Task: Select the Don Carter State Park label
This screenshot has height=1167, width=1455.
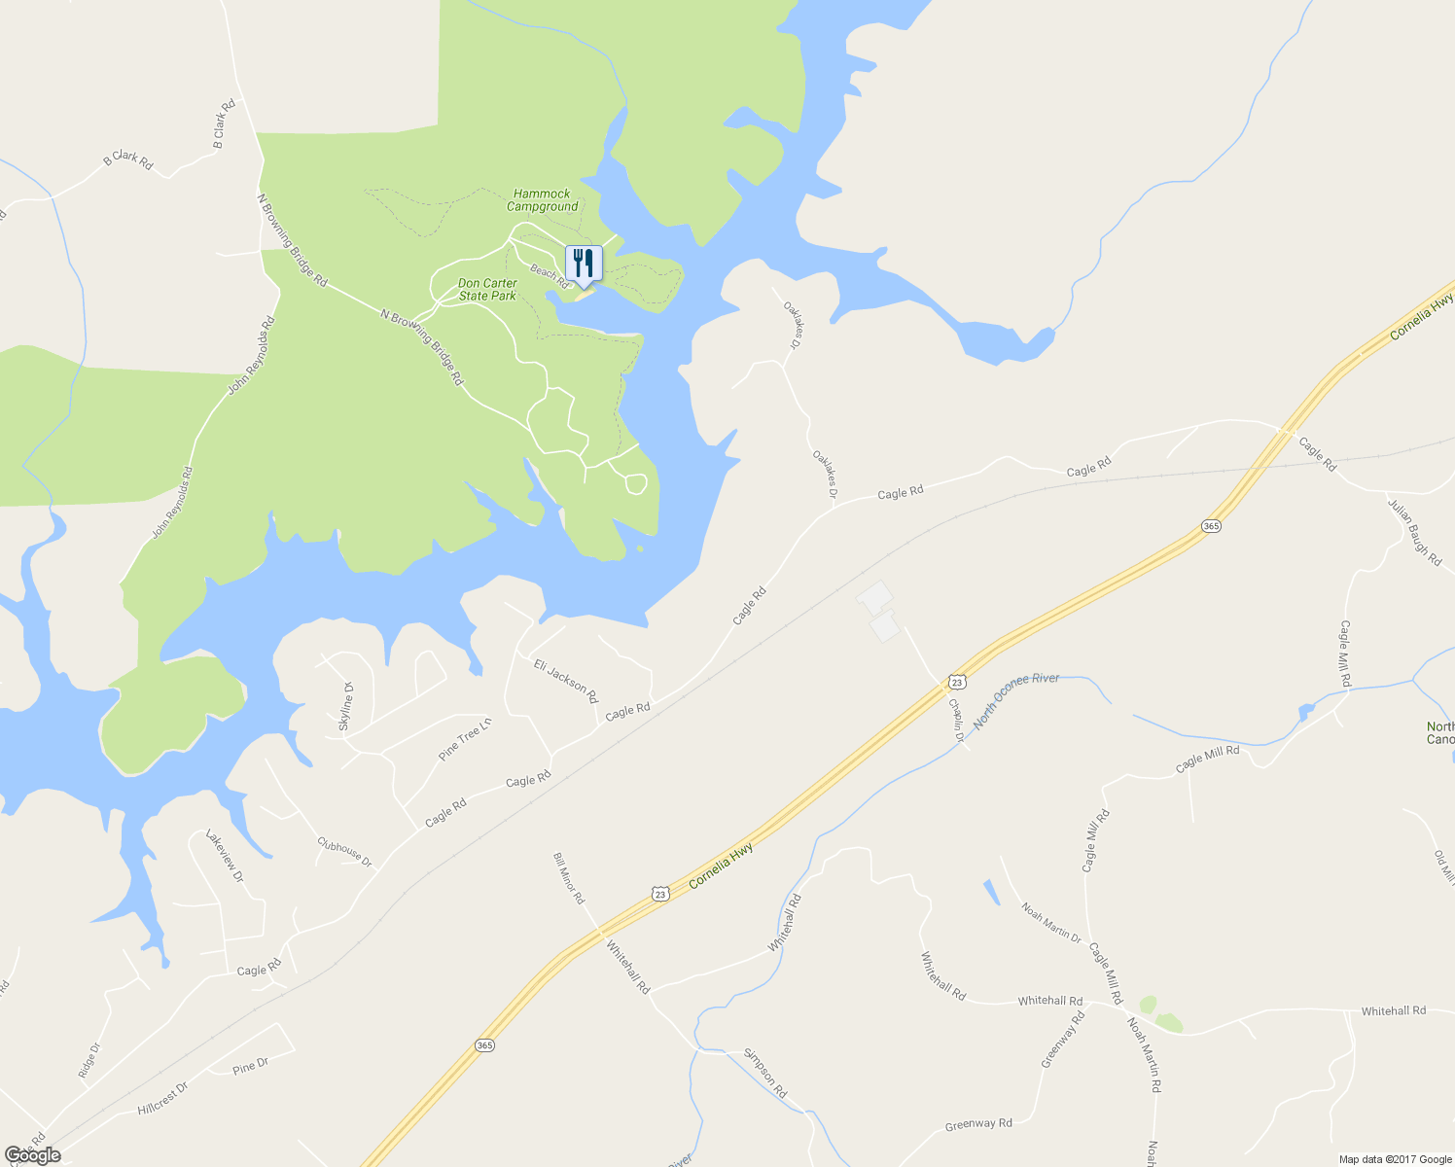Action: coord(488,290)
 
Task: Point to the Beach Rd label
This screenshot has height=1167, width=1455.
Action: coord(550,271)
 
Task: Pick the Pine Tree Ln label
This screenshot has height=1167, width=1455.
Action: coord(466,738)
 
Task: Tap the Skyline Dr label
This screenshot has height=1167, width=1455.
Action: coord(345,707)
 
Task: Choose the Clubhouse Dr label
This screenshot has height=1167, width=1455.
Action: coord(344,852)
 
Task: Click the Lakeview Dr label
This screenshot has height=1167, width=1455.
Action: coord(224,856)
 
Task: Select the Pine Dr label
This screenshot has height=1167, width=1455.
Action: coord(251,1067)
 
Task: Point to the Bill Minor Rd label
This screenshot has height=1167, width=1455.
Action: coord(568,878)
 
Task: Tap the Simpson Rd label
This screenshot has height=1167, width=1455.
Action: coord(765,1073)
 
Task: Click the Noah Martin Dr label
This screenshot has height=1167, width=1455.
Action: coord(1051,923)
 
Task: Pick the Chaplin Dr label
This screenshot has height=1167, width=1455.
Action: coord(957,721)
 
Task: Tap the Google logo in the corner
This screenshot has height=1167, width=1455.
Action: coord(32,1155)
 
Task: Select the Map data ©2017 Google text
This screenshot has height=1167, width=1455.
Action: coord(1395,1159)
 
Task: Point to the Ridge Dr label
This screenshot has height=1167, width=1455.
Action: coord(89,1061)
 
